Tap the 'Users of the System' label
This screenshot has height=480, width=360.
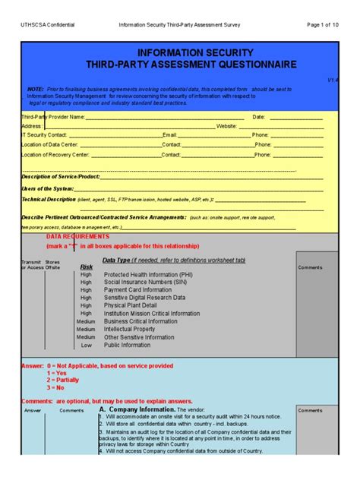[x=47, y=188]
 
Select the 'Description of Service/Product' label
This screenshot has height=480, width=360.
[x=61, y=176]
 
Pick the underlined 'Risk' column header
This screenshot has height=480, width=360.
[x=87, y=267]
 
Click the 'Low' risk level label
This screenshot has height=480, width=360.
[x=86, y=345]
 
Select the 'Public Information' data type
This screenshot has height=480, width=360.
[x=127, y=345]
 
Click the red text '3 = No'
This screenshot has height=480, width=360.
[x=60, y=387]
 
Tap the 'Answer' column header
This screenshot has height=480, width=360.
[x=33, y=410]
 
